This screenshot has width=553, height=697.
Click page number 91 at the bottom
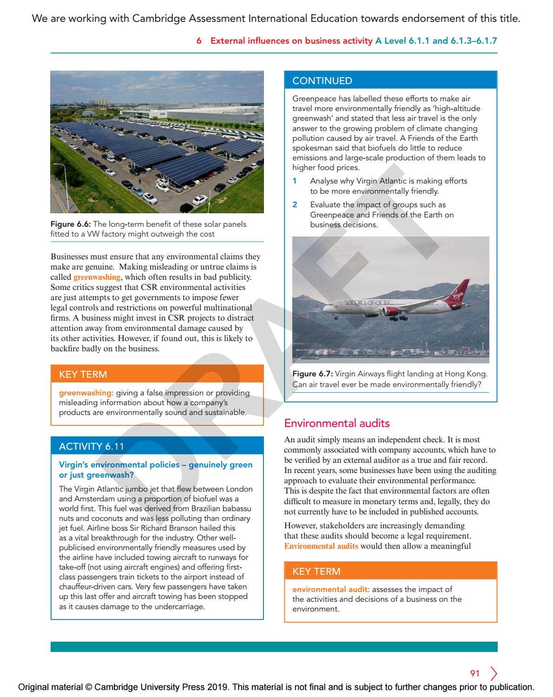point(474,673)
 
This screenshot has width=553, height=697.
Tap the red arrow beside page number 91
point(494,673)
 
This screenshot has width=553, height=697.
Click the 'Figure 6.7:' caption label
point(312,374)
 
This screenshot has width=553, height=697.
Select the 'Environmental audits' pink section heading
point(336,423)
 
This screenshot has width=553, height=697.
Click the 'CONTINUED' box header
point(322,81)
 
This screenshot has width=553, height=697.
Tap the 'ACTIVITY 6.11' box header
point(91,447)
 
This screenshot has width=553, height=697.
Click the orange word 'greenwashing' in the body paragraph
point(97,277)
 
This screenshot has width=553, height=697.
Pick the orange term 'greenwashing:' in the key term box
point(86,393)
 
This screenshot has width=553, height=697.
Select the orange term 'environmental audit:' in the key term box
point(331,589)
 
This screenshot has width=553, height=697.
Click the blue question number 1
point(295,181)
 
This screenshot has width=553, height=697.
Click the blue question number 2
point(295,205)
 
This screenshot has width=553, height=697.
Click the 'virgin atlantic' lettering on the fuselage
point(370,302)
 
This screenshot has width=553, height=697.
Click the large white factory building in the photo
point(204,113)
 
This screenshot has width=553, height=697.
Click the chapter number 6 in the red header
point(199,41)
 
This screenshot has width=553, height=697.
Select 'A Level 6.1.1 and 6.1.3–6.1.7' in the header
point(436,41)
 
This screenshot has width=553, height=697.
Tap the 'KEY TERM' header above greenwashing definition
point(83,375)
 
